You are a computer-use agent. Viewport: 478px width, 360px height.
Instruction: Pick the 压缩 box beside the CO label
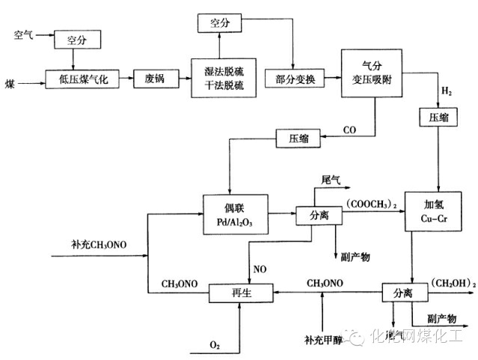[298, 138]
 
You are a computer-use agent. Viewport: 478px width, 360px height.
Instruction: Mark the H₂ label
[446, 92]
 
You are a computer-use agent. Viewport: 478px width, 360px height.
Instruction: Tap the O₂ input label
[214, 344]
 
